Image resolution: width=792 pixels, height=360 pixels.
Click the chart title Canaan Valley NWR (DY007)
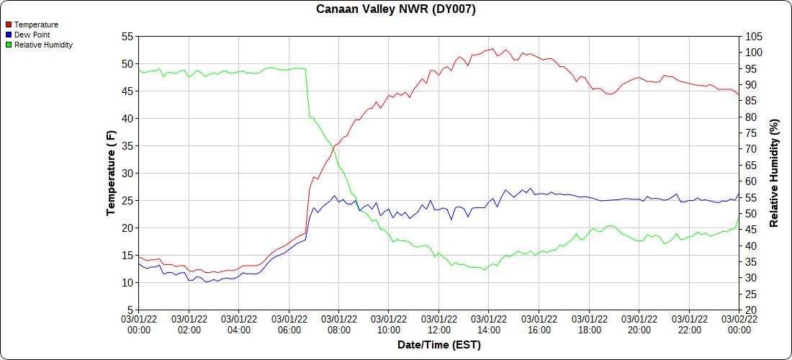click(396, 9)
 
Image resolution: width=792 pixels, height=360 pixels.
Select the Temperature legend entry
click(36, 24)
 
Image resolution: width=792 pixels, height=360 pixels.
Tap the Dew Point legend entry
click(33, 35)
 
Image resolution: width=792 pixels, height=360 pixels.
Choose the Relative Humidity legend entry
click(43, 45)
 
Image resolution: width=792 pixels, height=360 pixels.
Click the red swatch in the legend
click(9, 24)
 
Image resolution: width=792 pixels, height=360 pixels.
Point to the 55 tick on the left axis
click(127, 36)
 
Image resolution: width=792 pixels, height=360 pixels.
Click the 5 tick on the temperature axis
click(130, 310)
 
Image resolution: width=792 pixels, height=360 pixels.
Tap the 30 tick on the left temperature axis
click(127, 173)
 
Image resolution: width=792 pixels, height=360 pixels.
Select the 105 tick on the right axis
click(753, 36)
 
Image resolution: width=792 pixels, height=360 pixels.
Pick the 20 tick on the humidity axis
click(750, 310)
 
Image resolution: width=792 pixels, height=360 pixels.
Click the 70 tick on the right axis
click(750, 148)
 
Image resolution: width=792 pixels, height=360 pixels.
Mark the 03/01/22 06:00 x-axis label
click(289, 324)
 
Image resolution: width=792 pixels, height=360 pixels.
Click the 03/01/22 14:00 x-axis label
click(489, 324)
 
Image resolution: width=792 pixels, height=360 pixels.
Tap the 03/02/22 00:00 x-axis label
click(739, 324)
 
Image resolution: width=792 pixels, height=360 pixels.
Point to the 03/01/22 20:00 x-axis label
click(639, 324)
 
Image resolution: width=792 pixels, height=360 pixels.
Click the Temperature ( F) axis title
click(111, 173)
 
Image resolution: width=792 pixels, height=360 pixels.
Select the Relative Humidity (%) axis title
click(775, 173)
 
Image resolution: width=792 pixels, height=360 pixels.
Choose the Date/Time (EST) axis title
click(439, 345)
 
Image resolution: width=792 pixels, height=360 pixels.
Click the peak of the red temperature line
click(492, 49)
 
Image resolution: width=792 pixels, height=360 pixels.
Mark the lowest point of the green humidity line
click(485, 270)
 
